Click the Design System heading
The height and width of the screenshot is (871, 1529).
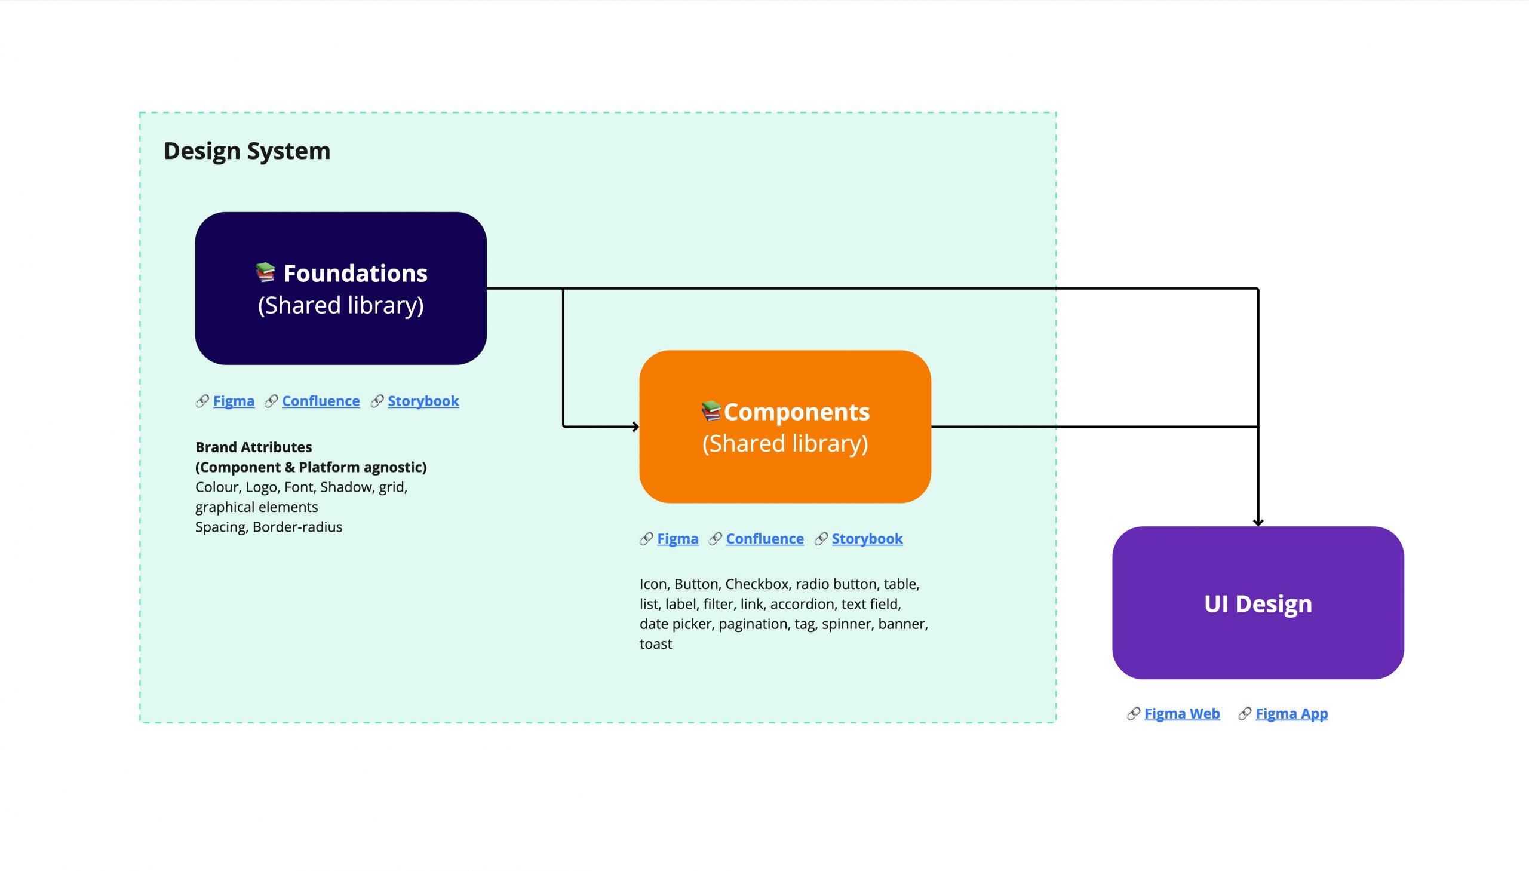pyautogui.click(x=246, y=151)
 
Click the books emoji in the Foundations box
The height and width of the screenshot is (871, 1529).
pyautogui.click(x=265, y=272)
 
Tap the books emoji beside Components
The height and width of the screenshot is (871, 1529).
pyautogui.click(x=711, y=410)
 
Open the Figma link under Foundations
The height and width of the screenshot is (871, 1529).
pyautogui.click(x=233, y=401)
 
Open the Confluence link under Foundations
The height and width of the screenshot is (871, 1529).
pyautogui.click(x=321, y=401)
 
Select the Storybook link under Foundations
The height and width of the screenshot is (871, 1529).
pyautogui.click(x=423, y=401)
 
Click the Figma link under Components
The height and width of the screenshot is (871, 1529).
pyautogui.click(x=677, y=538)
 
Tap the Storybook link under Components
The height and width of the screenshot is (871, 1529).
pyautogui.click(x=867, y=538)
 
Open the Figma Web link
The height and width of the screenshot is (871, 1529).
pyautogui.click(x=1181, y=713)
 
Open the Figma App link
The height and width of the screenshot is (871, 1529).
pyautogui.click(x=1291, y=713)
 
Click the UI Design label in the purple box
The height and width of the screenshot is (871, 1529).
pyautogui.click(x=1257, y=603)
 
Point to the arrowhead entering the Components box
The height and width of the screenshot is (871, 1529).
pyautogui.click(x=635, y=427)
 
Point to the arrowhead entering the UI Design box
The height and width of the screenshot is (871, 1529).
pyautogui.click(x=1257, y=522)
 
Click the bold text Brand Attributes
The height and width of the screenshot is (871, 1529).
pyautogui.click(x=253, y=447)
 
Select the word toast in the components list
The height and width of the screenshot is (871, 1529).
pyautogui.click(x=655, y=643)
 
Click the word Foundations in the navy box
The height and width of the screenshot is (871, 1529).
pyautogui.click(x=355, y=274)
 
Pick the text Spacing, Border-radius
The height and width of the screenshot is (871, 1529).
pyautogui.click(x=269, y=526)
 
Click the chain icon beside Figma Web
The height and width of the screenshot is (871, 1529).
pyautogui.click(x=1132, y=713)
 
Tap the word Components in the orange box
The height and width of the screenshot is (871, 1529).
pyautogui.click(x=796, y=412)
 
